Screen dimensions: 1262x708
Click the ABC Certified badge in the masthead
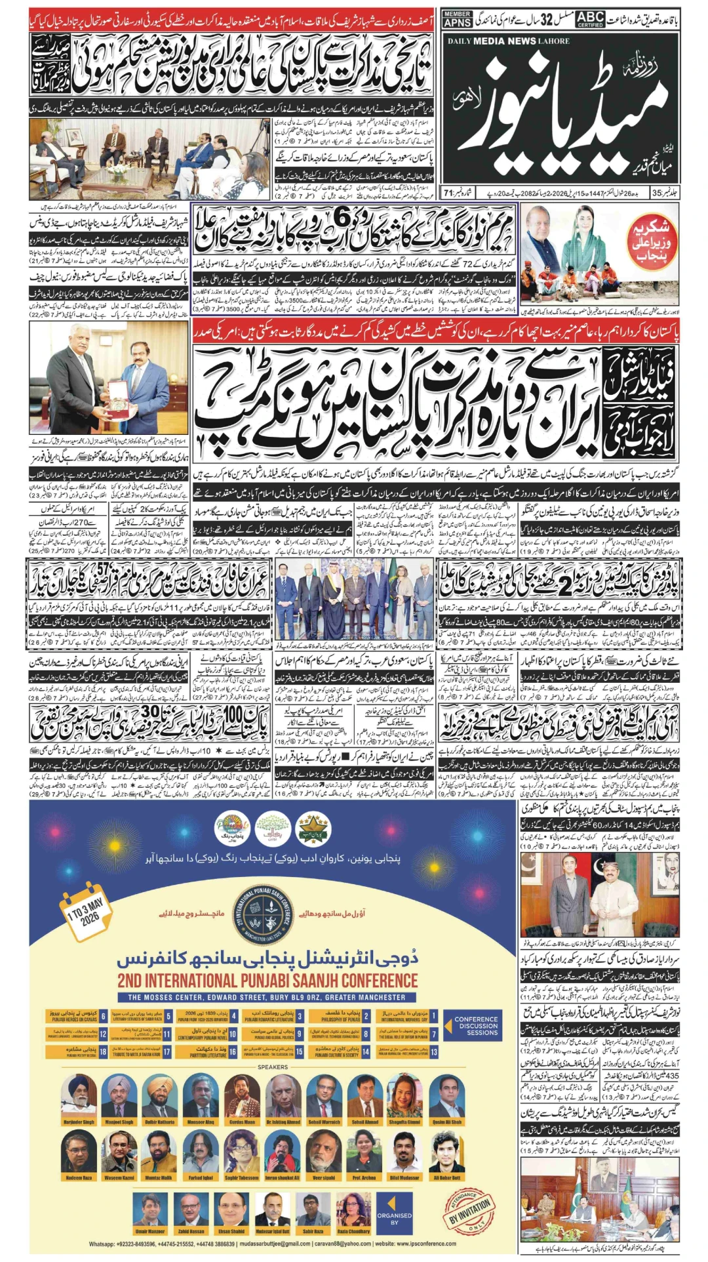(590, 19)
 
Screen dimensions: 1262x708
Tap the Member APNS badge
(457, 19)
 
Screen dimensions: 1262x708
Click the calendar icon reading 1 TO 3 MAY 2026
(85, 912)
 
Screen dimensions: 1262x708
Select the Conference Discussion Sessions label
(478, 1026)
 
